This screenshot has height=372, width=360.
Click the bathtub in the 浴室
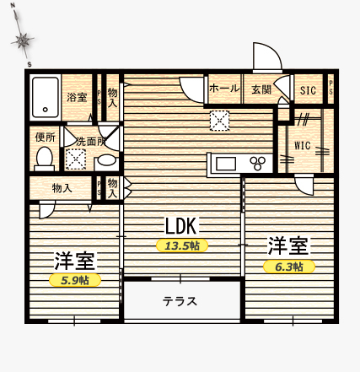click(46, 97)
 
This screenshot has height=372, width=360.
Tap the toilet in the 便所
click(45, 159)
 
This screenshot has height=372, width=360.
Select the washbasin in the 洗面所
click(108, 160)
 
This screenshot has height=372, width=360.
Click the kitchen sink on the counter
click(225, 164)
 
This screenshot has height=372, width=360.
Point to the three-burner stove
click(258, 163)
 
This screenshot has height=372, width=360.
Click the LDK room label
click(181, 226)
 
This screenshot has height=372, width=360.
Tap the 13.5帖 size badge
click(182, 245)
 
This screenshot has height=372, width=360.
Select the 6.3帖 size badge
click(289, 267)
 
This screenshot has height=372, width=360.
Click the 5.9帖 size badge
click(75, 280)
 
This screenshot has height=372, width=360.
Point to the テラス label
click(180, 301)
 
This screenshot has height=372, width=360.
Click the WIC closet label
click(303, 146)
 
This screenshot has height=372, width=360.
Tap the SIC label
click(308, 90)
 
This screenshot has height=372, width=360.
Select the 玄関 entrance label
click(261, 89)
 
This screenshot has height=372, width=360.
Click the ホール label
click(224, 89)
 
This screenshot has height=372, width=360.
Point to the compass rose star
click(23, 41)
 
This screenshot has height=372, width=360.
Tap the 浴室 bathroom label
click(77, 97)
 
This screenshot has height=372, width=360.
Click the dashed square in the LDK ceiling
click(219, 121)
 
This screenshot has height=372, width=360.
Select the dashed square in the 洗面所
click(75, 159)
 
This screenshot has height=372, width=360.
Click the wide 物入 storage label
click(62, 188)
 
